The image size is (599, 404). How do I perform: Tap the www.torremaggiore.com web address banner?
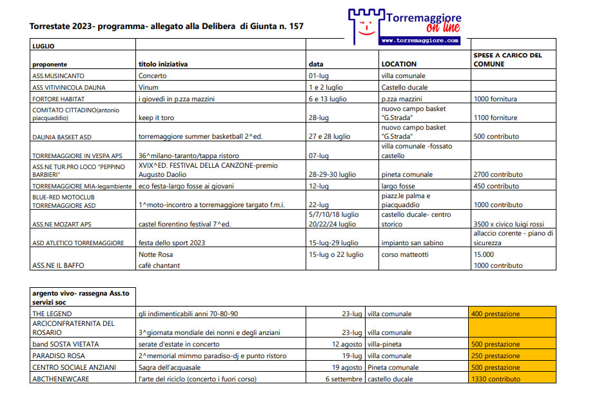coord(420,40)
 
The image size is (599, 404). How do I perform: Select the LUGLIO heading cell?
coord(43,46)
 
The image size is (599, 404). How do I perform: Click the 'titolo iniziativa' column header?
coord(163,64)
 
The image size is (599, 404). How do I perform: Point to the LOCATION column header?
coord(399,64)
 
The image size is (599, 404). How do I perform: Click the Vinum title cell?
coord(148,87)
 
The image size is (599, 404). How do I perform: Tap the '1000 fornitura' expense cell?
coord(495,99)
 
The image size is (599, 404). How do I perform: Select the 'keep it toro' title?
coord(154,118)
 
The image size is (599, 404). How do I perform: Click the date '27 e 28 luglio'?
coord(329,137)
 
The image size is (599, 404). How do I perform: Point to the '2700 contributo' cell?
coord(496,174)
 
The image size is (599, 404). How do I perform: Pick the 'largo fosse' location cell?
coord(399,186)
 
